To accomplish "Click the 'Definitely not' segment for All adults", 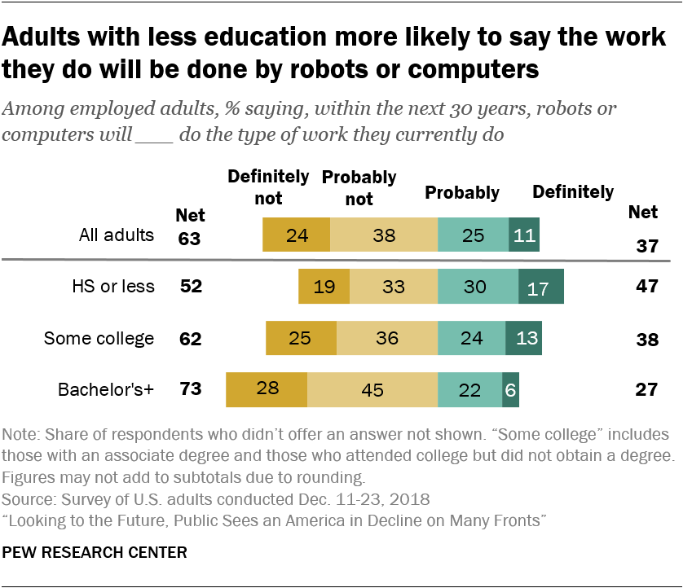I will point(296,235).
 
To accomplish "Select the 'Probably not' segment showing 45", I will point(372,389).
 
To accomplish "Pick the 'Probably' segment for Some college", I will point(471,338).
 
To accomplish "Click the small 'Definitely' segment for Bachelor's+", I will point(510,389).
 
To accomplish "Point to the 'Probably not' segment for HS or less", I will point(394,287).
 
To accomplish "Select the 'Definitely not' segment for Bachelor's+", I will point(267,389).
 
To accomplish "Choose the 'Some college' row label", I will point(99,338).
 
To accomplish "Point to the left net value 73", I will point(190,389).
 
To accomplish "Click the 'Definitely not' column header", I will point(268,186).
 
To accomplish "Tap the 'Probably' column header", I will point(461,193).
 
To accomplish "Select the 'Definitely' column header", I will point(572,192).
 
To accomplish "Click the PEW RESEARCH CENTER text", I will point(95,553).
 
